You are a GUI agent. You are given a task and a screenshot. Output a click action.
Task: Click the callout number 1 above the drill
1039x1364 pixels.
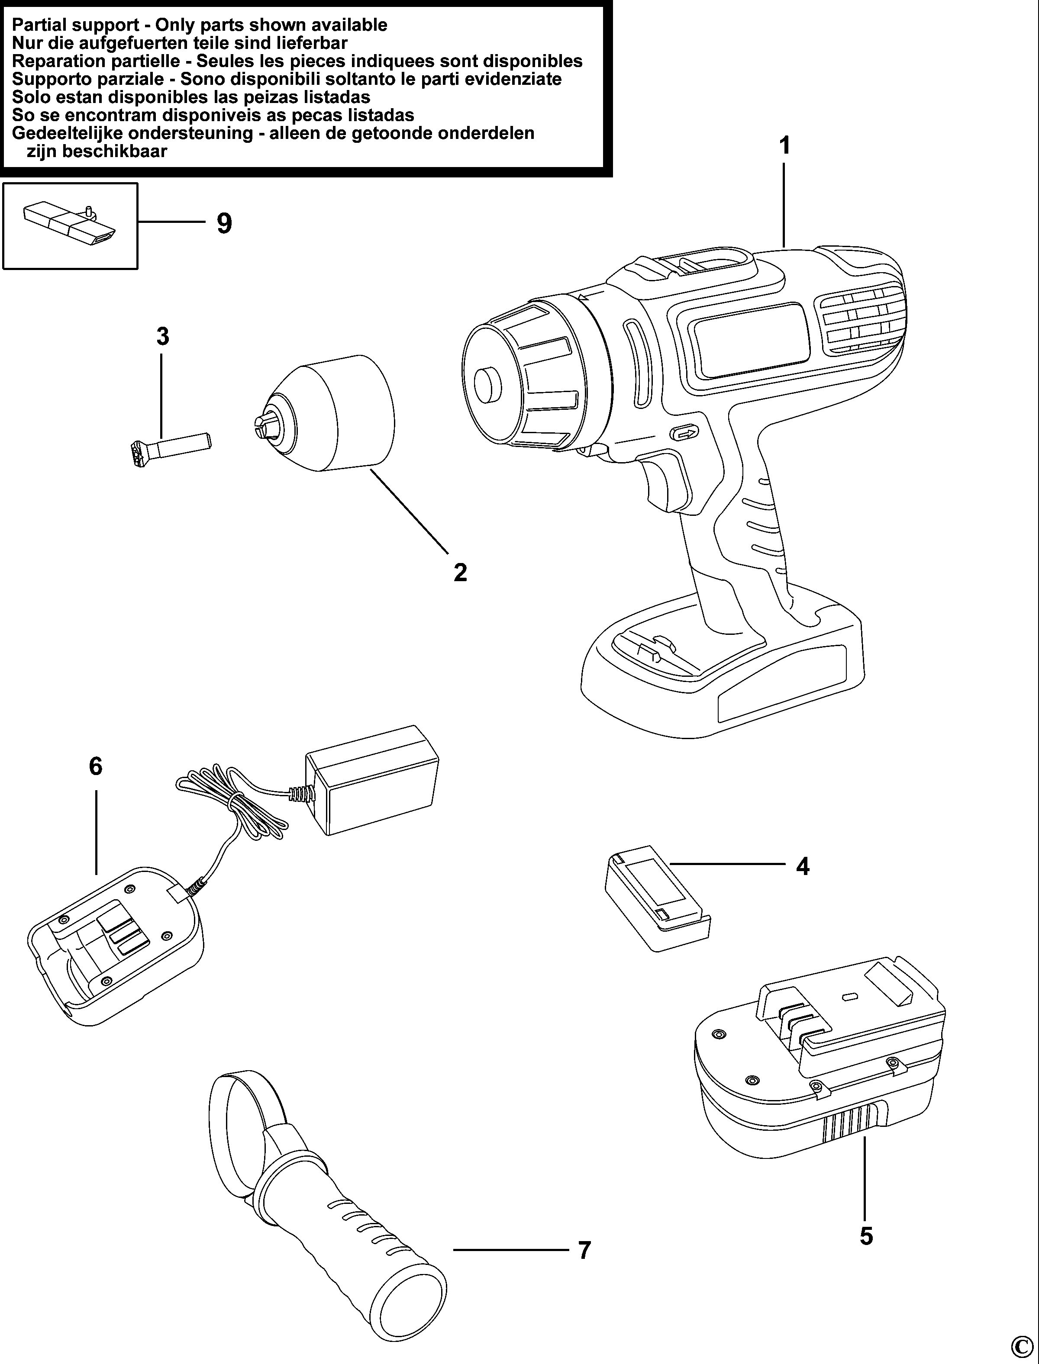[784, 146]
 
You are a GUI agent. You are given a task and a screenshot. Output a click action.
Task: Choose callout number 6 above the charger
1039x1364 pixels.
[95, 766]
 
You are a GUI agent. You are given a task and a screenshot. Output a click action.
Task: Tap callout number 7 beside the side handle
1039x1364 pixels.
[584, 1250]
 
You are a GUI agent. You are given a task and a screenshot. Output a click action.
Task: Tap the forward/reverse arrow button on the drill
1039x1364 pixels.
[684, 433]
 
